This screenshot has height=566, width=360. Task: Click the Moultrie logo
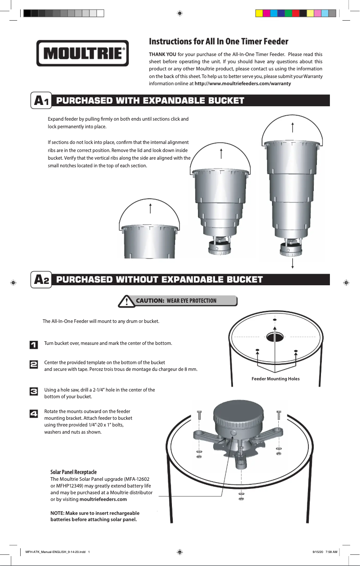(x=83, y=53)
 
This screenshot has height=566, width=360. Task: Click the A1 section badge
(x=41, y=100)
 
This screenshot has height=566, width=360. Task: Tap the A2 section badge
(x=41, y=280)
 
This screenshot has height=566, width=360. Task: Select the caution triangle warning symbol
(x=127, y=301)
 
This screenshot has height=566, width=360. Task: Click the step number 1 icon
(x=34, y=344)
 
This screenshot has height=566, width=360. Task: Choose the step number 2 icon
(x=34, y=364)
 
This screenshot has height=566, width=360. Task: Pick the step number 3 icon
(x=34, y=392)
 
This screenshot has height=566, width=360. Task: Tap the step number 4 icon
(x=34, y=414)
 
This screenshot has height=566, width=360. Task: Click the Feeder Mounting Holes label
(x=276, y=379)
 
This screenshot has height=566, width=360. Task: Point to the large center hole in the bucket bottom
(x=275, y=337)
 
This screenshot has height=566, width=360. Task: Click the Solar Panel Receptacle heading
(x=74, y=472)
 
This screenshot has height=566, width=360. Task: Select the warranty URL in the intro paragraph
(x=243, y=83)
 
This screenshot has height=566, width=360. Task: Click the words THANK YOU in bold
(x=162, y=54)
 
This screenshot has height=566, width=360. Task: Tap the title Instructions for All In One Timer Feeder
(x=219, y=41)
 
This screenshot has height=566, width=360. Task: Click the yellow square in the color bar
(x=259, y=13)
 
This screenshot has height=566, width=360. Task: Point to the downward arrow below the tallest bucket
(x=293, y=263)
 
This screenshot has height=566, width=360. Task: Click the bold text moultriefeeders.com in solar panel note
(x=103, y=499)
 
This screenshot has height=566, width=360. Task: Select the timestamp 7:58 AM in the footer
(x=331, y=552)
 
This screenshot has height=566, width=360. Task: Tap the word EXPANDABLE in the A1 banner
(x=175, y=100)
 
